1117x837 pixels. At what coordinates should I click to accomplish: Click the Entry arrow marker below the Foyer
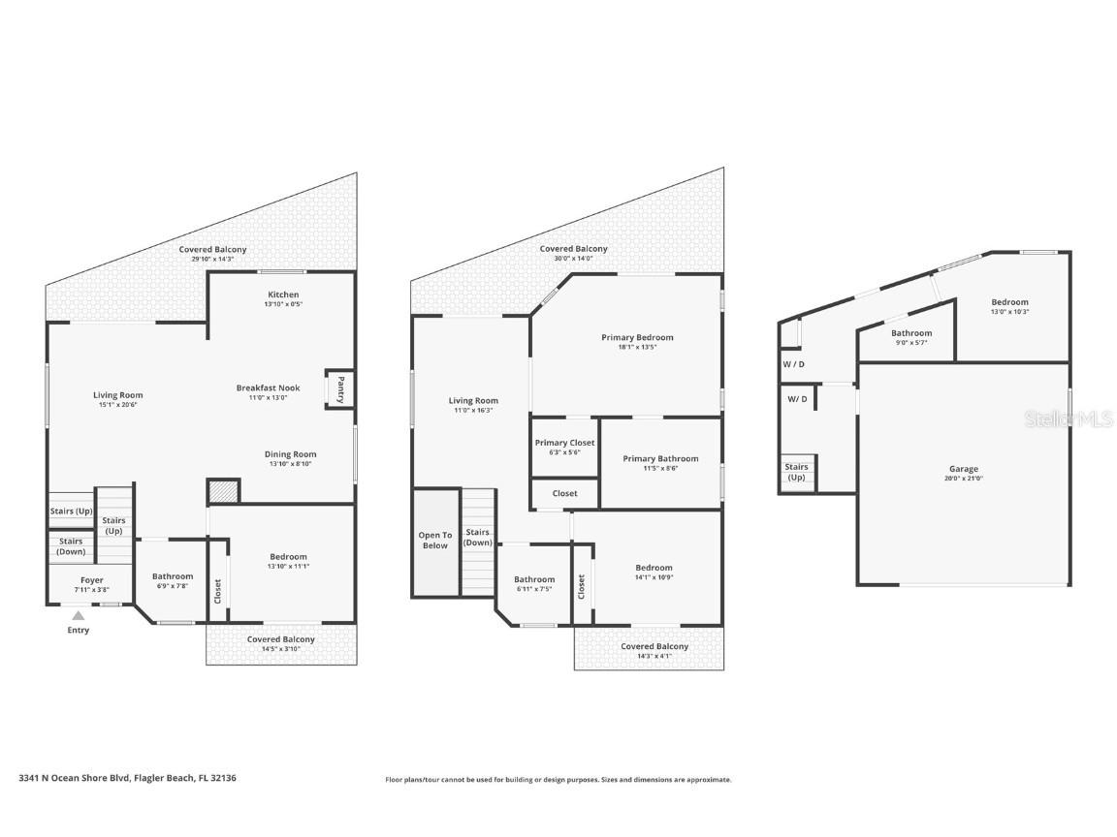(x=79, y=615)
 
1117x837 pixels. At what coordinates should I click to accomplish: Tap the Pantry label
(x=340, y=388)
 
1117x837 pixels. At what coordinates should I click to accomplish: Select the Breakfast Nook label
(x=269, y=388)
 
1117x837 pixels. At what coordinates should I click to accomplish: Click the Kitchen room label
(x=283, y=294)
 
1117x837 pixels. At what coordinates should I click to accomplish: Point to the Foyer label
(x=91, y=580)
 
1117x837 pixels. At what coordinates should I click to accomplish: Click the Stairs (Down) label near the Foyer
(x=71, y=546)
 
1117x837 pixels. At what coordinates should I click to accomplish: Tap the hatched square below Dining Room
(x=223, y=491)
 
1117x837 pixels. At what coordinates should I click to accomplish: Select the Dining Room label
(x=290, y=454)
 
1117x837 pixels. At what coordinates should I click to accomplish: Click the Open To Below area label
(x=435, y=540)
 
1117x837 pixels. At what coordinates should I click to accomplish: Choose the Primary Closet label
(x=564, y=443)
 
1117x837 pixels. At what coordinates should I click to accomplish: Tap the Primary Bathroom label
(x=660, y=459)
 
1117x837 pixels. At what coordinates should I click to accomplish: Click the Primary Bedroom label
(x=637, y=338)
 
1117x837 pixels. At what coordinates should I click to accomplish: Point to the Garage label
(x=963, y=469)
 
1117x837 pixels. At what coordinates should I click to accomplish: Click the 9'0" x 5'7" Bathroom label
(x=911, y=333)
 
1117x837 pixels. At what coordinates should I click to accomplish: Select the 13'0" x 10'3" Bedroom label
(x=1009, y=302)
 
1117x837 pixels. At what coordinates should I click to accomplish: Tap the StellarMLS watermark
(x=1069, y=418)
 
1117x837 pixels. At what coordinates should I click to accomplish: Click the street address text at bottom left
(x=127, y=777)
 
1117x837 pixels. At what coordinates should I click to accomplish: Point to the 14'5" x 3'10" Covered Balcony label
(x=280, y=639)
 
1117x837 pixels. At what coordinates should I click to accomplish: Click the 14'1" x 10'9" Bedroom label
(x=654, y=568)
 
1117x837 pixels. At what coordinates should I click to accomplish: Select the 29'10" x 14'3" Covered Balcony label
(x=212, y=250)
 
